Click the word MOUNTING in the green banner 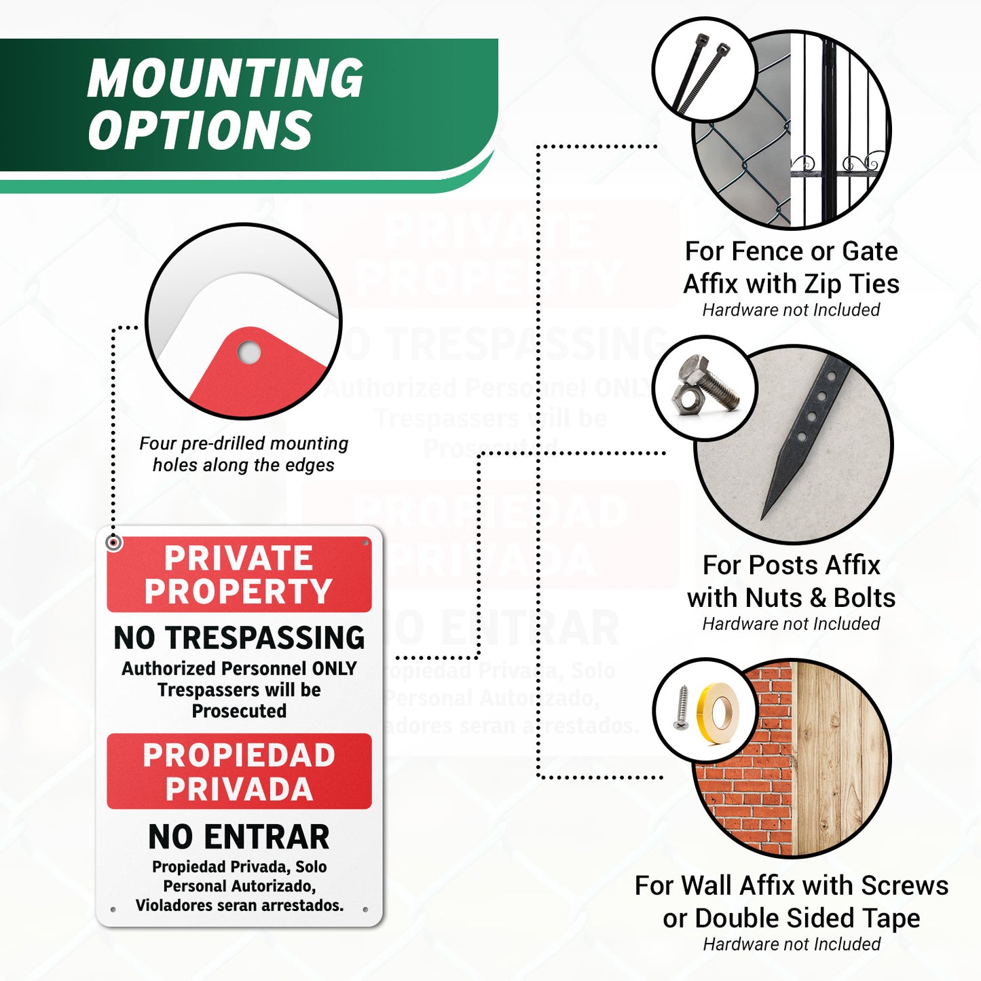pyautogui.click(x=225, y=77)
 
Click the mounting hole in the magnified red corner pyautogui.click(x=249, y=352)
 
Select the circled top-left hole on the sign pyautogui.click(x=113, y=542)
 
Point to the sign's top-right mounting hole pyautogui.click(x=365, y=543)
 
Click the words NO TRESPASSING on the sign pyautogui.click(x=239, y=637)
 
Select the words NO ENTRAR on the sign pyautogui.click(x=239, y=837)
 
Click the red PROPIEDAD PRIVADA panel pyautogui.click(x=239, y=771)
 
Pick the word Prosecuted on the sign pyautogui.click(x=239, y=711)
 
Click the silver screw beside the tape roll pyautogui.click(x=680, y=708)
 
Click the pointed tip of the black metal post pyautogui.click(x=762, y=519)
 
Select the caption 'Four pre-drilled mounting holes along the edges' pyautogui.click(x=244, y=454)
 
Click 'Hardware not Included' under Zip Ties pyautogui.click(x=791, y=310)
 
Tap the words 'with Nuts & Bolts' pyautogui.click(x=791, y=597)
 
